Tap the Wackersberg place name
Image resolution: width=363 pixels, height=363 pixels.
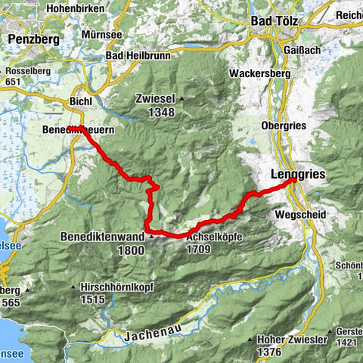tap(260, 75)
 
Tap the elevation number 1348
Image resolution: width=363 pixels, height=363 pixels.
tap(156, 113)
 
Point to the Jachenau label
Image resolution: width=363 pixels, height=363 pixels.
tap(146, 334)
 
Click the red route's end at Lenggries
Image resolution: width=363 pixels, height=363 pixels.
tap(293, 180)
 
